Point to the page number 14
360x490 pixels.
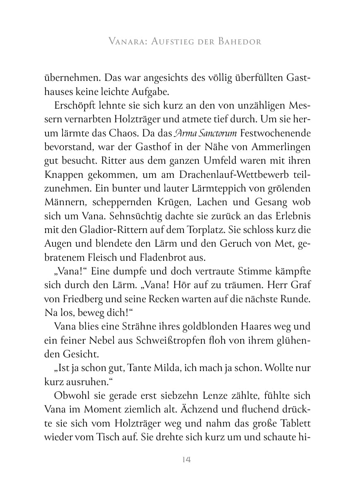[186, 459]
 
